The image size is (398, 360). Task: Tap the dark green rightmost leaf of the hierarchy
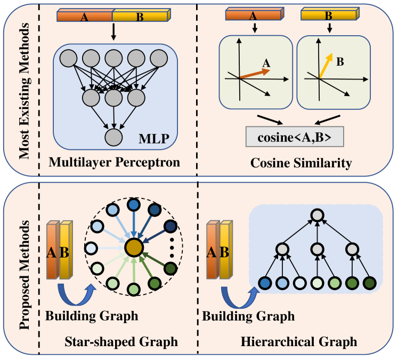coord(369,283)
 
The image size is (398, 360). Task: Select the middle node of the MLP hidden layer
coord(113,97)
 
